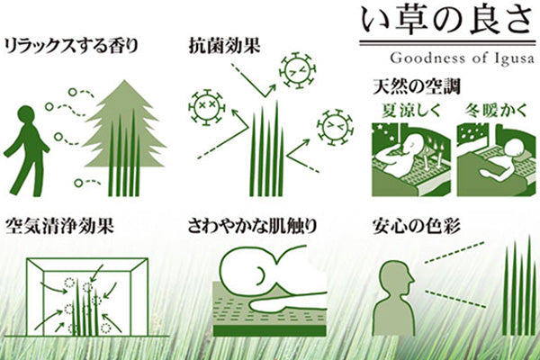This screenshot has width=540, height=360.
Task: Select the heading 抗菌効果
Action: tap(224, 44)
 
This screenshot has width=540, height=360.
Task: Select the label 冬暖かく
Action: tap(493, 112)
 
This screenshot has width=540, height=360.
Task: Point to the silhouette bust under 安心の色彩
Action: tap(395, 297)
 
